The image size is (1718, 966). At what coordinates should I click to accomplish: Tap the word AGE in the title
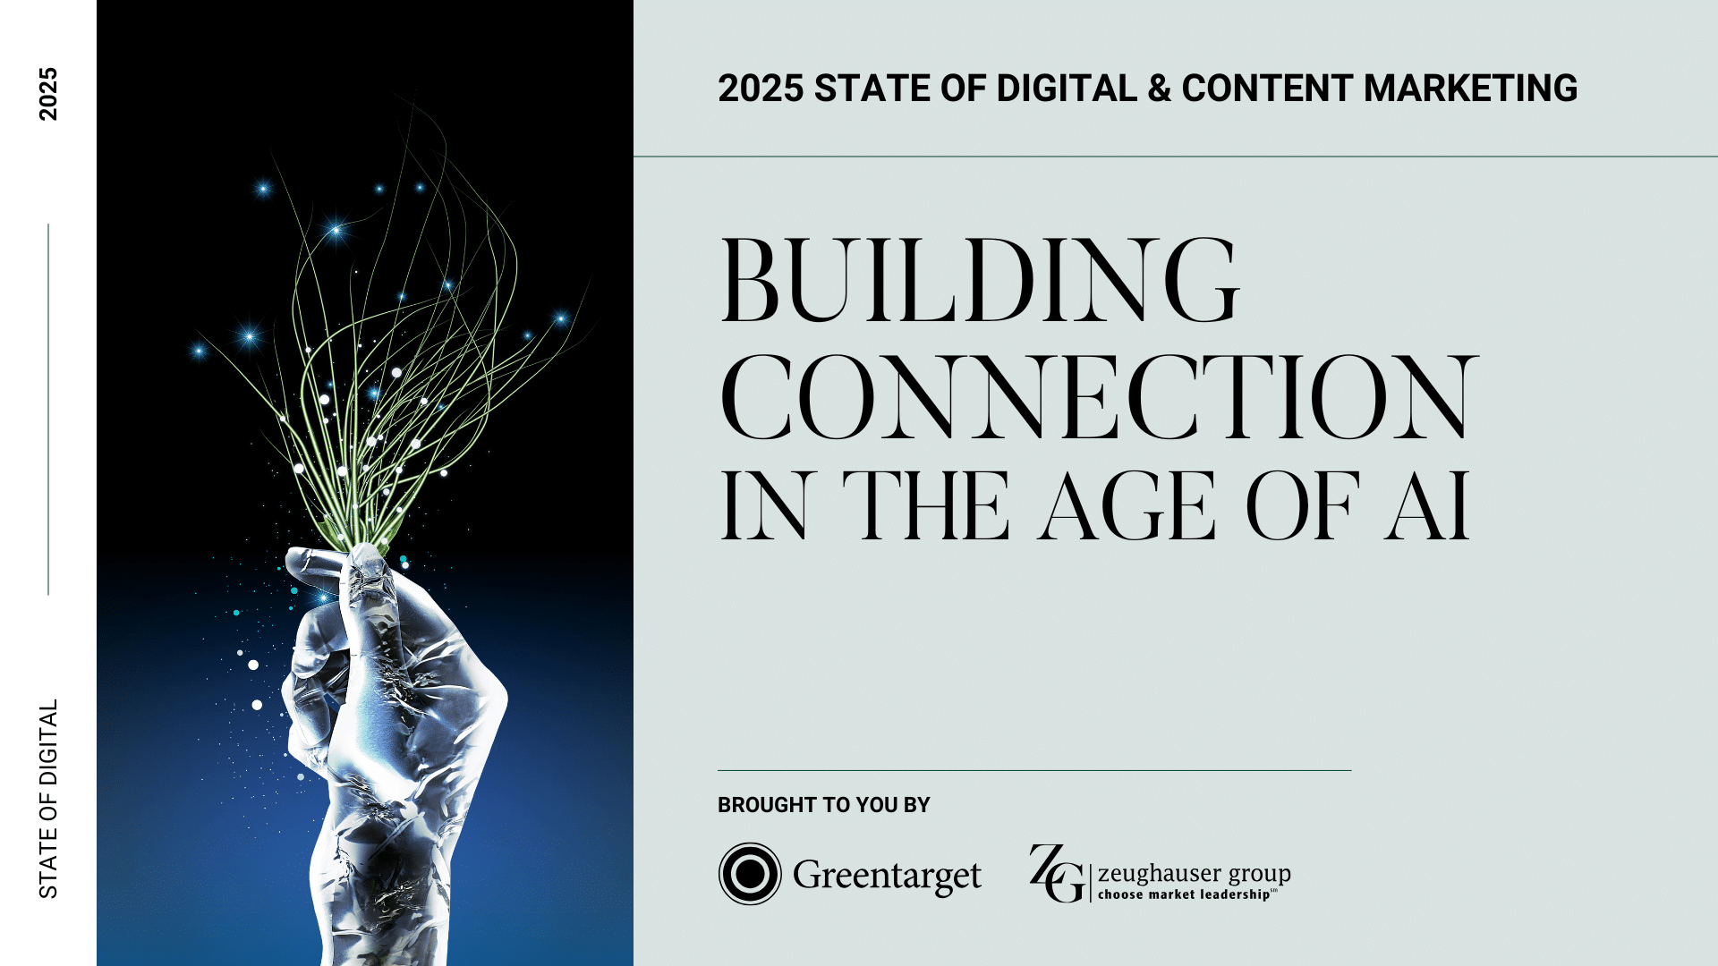pyautogui.click(x=1127, y=507)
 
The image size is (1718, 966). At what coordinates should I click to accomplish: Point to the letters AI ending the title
pyautogui.click(x=1427, y=507)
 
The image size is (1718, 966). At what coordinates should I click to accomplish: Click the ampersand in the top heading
pyautogui.click(x=1159, y=89)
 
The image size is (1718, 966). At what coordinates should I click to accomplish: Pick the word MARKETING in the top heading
pyautogui.click(x=1470, y=89)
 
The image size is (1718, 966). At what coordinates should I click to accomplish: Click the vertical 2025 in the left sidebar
pyautogui.click(x=48, y=94)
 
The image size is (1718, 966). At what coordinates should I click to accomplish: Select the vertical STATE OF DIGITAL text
pyautogui.click(x=48, y=799)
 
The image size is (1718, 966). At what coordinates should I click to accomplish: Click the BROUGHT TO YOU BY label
pyautogui.click(x=823, y=805)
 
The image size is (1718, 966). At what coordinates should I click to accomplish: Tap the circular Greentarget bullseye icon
pyautogui.click(x=750, y=874)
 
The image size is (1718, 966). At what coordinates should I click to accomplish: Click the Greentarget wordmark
pyautogui.click(x=887, y=876)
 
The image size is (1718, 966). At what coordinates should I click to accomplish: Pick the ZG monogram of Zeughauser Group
pyautogui.click(x=1056, y=874)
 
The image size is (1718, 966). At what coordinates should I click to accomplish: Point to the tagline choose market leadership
pyautogui.click(x=1186, y=894)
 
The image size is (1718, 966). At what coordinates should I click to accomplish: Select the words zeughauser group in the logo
pyautogui.click(x=1194, y=872)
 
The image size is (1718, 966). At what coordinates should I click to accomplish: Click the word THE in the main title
pyautogui.click(x=926, y=507)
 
